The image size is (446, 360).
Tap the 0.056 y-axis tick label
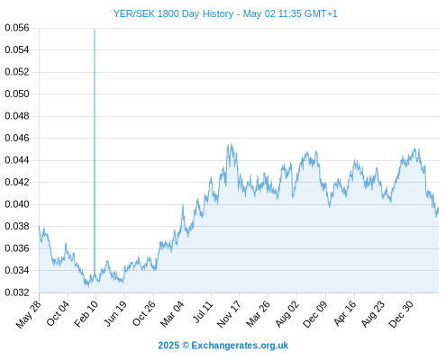[x=17, y=28]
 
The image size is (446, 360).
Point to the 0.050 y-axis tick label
[x=17, y=94]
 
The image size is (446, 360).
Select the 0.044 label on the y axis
[x=17, y=160]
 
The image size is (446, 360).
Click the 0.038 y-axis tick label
[x=17, y=226]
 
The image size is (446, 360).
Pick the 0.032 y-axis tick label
[x=17, y=292]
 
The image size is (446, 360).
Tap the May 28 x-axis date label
[x=28, y=314]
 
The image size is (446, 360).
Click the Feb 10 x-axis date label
[x=86, y=313]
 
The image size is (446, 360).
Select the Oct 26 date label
[x=144, y=313]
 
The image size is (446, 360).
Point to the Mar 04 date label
[x=172, y=314]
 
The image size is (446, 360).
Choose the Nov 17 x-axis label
[x=229, y=314]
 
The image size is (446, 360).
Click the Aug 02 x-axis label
[x=287, y=313]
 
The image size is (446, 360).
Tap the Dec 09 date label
[x=314, y=314]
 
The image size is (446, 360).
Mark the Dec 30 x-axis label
[x=401, y=314]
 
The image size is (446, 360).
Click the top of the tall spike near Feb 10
[x=95, y=30]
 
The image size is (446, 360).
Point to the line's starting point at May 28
[x=39, y=227]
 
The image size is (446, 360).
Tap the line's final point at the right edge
[x=439, y=208]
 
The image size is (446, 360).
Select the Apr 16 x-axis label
[x=344, y=313]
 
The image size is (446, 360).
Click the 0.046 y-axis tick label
[x=17, y=138]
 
